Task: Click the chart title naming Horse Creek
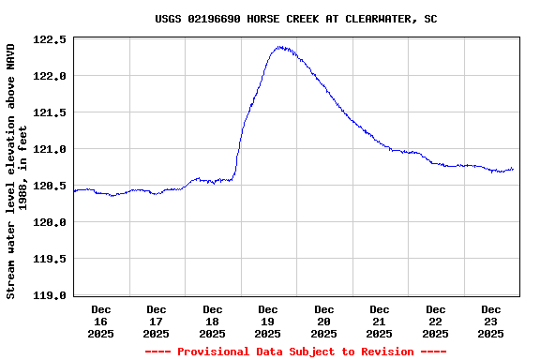pyautogui.click(x=296, y=19)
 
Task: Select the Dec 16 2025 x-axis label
pyautogui.click(x=101, y=321)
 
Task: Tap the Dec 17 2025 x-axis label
pyautogui.click(x=157, y=321)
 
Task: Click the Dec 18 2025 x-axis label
pyautogui.click(x=213, y=321)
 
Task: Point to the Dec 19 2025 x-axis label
pyautogui.click(x=268, y=321)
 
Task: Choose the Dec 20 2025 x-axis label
pyautogui.click(x=324, y=321)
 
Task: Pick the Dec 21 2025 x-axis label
pyautogui.click(x=380, y=321)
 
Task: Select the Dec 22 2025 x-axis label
pyautogui.click(x=436, y=321)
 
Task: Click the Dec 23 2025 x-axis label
pyautogui.click(x=491, y=321)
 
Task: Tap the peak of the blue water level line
pyautogui.click(x=279, y=47)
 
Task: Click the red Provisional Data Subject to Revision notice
pyautogui.click(x=295, y=352)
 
